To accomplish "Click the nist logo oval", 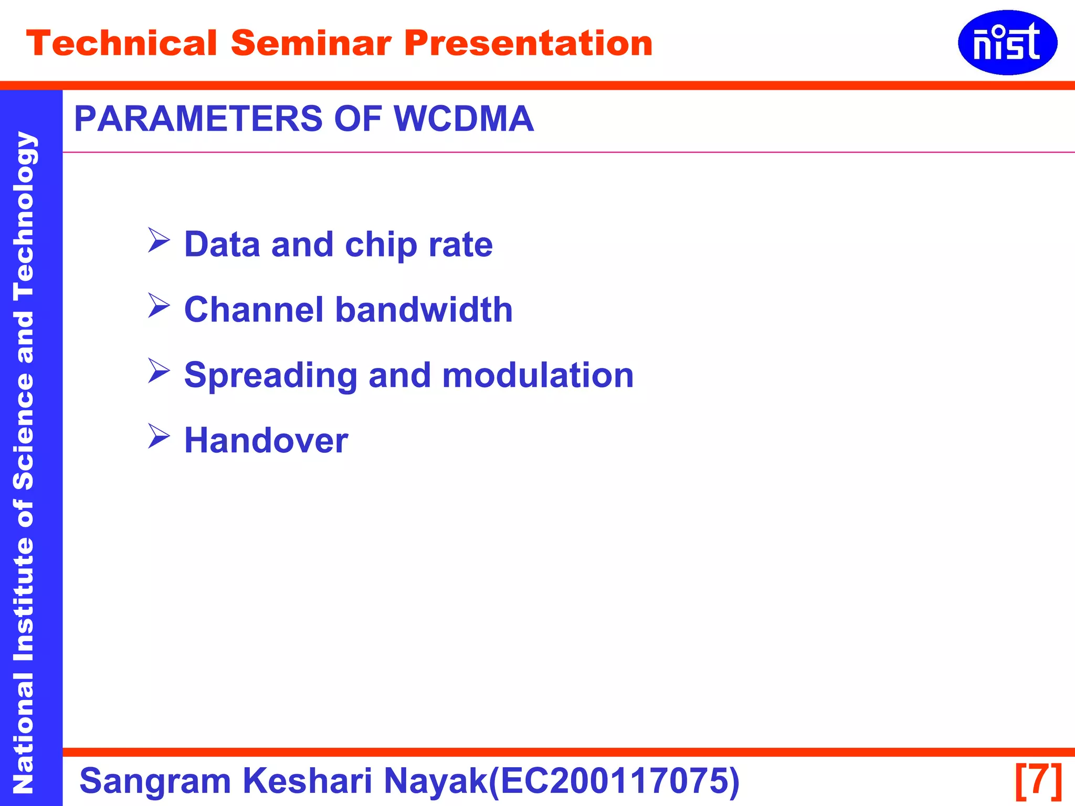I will [1007, 43].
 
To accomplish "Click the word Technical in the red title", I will [121, 43].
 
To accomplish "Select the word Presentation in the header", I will [528, 43].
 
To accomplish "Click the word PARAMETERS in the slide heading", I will [198, 119].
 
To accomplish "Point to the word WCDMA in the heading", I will [463, 119].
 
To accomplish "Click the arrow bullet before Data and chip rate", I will [159, 240].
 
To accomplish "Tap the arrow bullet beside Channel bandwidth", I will [159, 306].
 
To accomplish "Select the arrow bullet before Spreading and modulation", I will [159, 371].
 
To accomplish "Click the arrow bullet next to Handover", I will [159, 437].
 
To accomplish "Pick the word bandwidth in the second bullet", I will [424, 310].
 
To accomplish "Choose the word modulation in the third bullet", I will [537, 376].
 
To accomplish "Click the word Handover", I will [266, 441].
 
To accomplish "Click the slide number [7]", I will [1038, 781].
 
